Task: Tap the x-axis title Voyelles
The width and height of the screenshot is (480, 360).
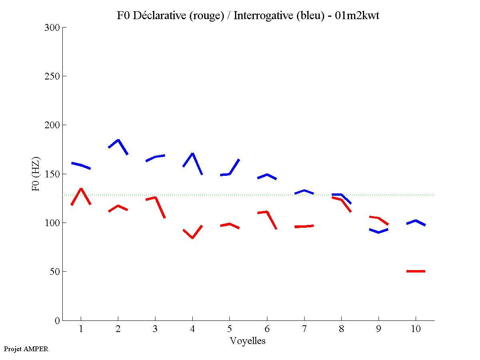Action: pyautogui.click(x=248, y=341)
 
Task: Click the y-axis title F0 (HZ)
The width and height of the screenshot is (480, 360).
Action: pyautogui.click(x=36, y=174)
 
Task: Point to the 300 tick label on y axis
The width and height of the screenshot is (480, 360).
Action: pyautogui.click(x=53, y=28)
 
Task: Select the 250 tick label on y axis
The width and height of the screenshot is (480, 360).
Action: pyautogui.click(x=53, y=76)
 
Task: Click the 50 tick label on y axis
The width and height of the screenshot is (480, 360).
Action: pyautogui.click(x=55, y=272)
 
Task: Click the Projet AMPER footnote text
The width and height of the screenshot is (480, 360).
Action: pyautogui.click(x=26, y=349)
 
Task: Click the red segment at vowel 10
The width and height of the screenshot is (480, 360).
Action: pyautogui.click(x=416, y=271)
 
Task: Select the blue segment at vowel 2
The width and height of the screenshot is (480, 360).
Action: pyautogui.click(x=118, y=141)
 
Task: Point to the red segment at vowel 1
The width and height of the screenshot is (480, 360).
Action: pyautogui.click(x=81, y=189)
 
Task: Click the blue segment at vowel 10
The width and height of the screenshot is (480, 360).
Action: pyautogui.click(x=416, y=221)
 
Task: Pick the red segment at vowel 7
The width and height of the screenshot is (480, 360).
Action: pyautogui.click(x=304, y=227)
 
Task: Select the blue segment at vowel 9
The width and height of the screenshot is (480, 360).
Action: pyautogui.click(x=378, y=232)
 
